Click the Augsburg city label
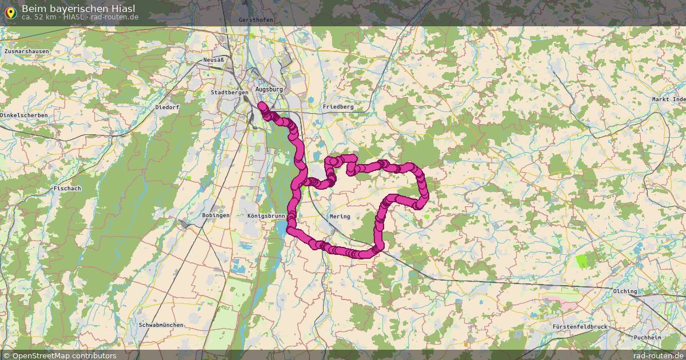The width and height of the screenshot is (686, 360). coord(269,90)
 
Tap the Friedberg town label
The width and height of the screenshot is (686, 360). coord(338,107)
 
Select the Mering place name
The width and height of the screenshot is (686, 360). coord(340,217)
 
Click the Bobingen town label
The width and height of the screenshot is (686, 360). coord(216,215)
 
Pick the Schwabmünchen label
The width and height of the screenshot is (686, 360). coord(161,325)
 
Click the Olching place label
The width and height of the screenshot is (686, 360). coord(625,291)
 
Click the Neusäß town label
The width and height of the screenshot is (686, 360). coord(213,60)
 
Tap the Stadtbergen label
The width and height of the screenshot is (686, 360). coord(229,92)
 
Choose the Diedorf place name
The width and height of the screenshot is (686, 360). coord(167,107)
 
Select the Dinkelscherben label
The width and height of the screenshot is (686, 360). coord(24,115)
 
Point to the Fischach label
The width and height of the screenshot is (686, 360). coord(67,188)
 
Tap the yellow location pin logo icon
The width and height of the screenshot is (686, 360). coord(10,12)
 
